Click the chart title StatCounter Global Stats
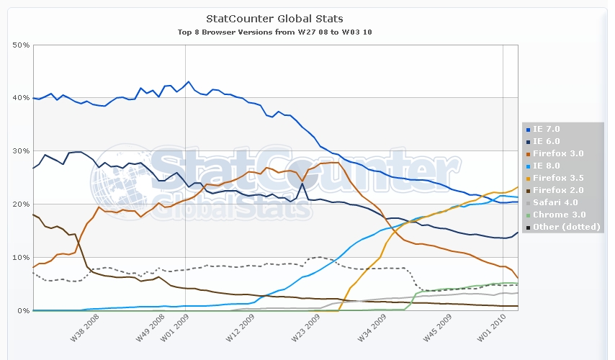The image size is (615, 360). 274,18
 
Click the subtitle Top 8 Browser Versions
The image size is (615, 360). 274,32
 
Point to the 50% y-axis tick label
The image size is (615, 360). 21,45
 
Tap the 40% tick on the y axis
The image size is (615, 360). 21,98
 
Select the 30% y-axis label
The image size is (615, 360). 21,151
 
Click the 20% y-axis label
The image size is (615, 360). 21,204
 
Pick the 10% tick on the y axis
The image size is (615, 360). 21,258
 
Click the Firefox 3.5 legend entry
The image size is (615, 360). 553,178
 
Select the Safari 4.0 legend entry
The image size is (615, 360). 552,202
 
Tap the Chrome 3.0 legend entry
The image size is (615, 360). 553,215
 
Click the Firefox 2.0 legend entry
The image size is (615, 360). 553,190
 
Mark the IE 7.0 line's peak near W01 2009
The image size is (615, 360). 189,81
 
